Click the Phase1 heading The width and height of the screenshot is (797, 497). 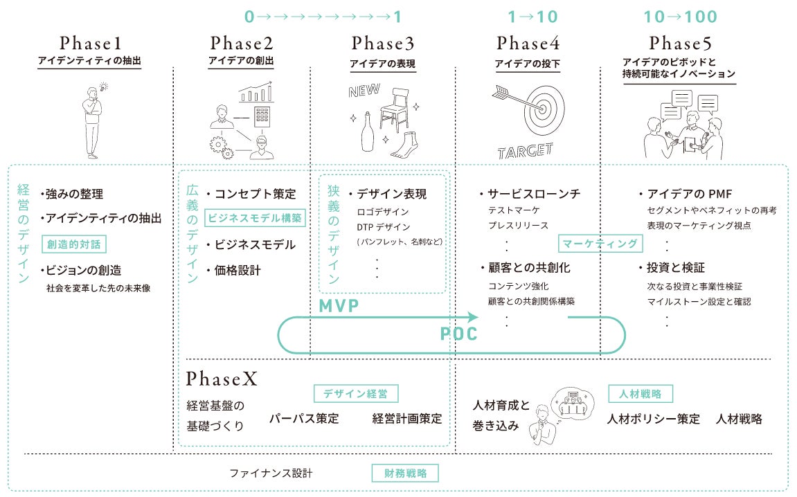pos(90,43)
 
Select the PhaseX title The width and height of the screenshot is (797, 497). pos(222,379)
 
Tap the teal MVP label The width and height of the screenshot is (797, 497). pos(339,306)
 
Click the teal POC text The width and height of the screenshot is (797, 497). pos(459,334)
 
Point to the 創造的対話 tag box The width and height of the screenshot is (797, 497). pos(75,244)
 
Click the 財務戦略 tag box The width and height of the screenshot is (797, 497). pos(405,473)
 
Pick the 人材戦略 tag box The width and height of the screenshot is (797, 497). pos(641,394)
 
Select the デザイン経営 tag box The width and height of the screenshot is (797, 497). pos(356,394)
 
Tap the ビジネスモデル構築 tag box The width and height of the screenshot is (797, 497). pos(256,217)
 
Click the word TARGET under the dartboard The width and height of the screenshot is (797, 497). pos(526,150)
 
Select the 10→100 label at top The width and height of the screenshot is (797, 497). pos(680,17)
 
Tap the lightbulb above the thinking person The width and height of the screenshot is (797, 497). pos(104,87)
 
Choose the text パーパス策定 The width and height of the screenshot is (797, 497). pos(304,419)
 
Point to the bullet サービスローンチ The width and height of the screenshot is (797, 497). pos(534,194)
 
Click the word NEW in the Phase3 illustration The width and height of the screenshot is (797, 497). pos(364,91)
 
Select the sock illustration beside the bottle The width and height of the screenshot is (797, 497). pos(404,144)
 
